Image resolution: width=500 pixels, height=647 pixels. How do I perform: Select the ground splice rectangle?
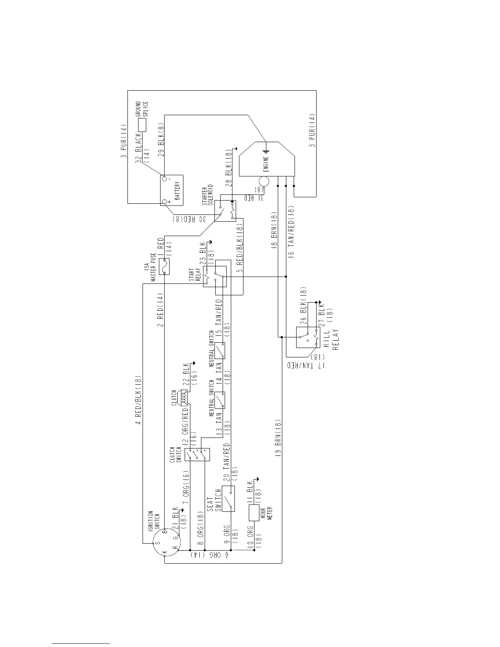(142, 125)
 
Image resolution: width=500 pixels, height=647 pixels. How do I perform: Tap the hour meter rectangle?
(253, 513)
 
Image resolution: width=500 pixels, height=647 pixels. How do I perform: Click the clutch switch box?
(197, 454)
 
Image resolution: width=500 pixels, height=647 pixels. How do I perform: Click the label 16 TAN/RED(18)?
(290, 232)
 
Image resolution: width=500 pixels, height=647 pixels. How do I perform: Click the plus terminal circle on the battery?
(165, 201)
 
